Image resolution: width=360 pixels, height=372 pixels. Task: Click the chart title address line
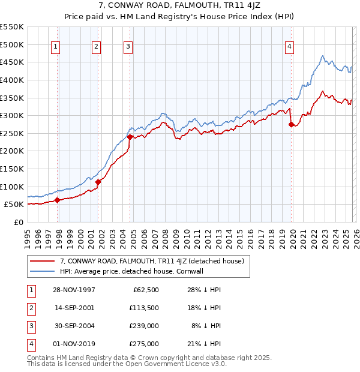click(179, 7)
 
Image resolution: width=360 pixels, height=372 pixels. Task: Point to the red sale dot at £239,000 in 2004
click(130, 137)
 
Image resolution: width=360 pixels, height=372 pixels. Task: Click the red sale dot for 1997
click(58, 200)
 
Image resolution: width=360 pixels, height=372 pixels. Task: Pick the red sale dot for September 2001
click(98, 182)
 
